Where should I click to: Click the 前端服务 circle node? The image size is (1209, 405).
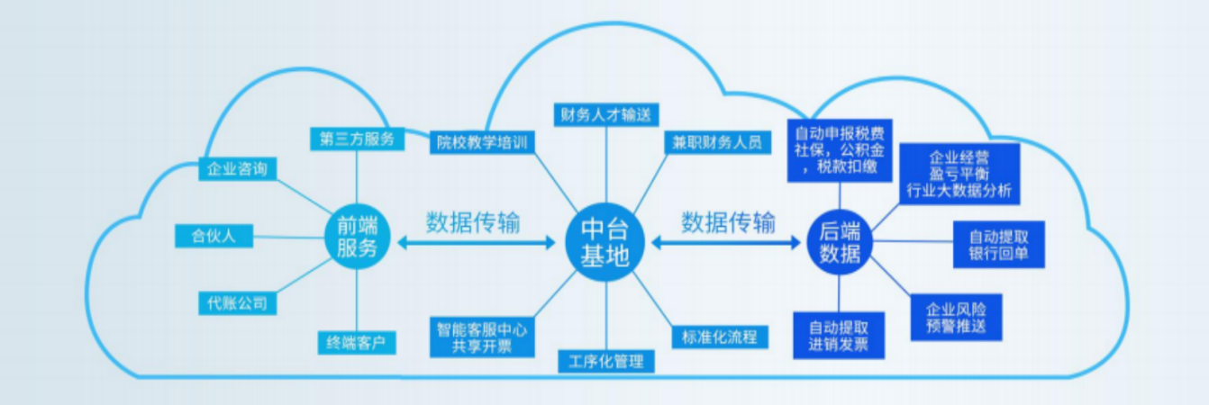[x=357, y=237]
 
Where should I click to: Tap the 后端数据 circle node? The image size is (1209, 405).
[x=840, y=240]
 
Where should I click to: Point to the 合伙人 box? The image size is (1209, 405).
[x=213, y=237]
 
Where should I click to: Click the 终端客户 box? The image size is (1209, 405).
[x=357, y=343]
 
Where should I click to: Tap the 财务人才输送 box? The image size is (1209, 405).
[x=605, y=114]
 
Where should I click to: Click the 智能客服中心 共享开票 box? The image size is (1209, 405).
[x=478, y=337]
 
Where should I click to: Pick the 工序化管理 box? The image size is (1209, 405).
[x=605, y=362]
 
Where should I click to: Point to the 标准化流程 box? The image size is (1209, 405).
[x=719, y=337]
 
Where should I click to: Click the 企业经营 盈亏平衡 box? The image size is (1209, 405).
[x=959, y=173]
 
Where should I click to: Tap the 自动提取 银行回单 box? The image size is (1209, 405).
[x=999, y=244]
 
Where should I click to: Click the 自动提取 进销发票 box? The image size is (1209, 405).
[x=839, y=336]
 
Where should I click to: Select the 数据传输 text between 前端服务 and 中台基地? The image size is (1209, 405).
[x=473, y=222]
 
